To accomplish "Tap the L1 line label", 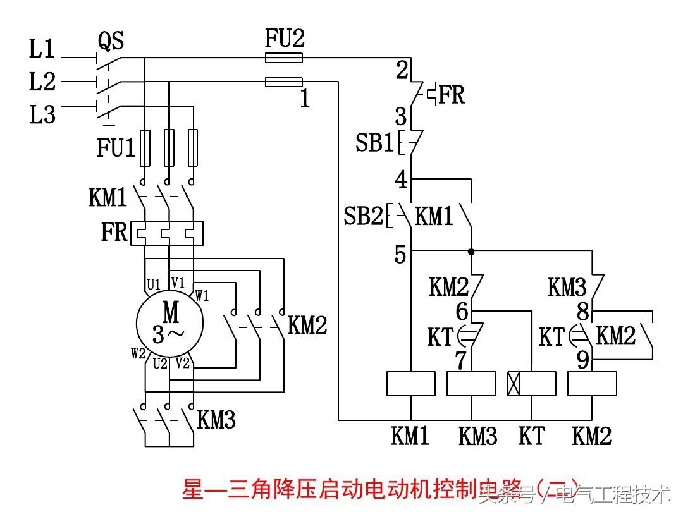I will point(42,49).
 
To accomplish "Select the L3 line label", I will point(42,115).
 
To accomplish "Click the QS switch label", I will point(111,41).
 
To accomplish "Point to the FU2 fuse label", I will point(284,39).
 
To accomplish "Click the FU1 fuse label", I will point(116,149).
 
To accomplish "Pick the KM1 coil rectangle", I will point(410,384).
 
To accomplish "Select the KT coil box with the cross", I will point(532,384).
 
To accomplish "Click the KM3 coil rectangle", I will point(471,384).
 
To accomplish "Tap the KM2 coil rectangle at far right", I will point(592,384).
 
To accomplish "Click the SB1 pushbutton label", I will point(374,143).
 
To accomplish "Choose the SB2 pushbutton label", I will point(363,217).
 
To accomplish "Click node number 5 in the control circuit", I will point(400,255).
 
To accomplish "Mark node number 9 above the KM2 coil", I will point(582,360).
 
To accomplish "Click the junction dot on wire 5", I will point(471,251).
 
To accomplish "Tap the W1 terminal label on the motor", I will point(201,295).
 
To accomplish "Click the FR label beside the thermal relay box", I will point(114,232).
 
